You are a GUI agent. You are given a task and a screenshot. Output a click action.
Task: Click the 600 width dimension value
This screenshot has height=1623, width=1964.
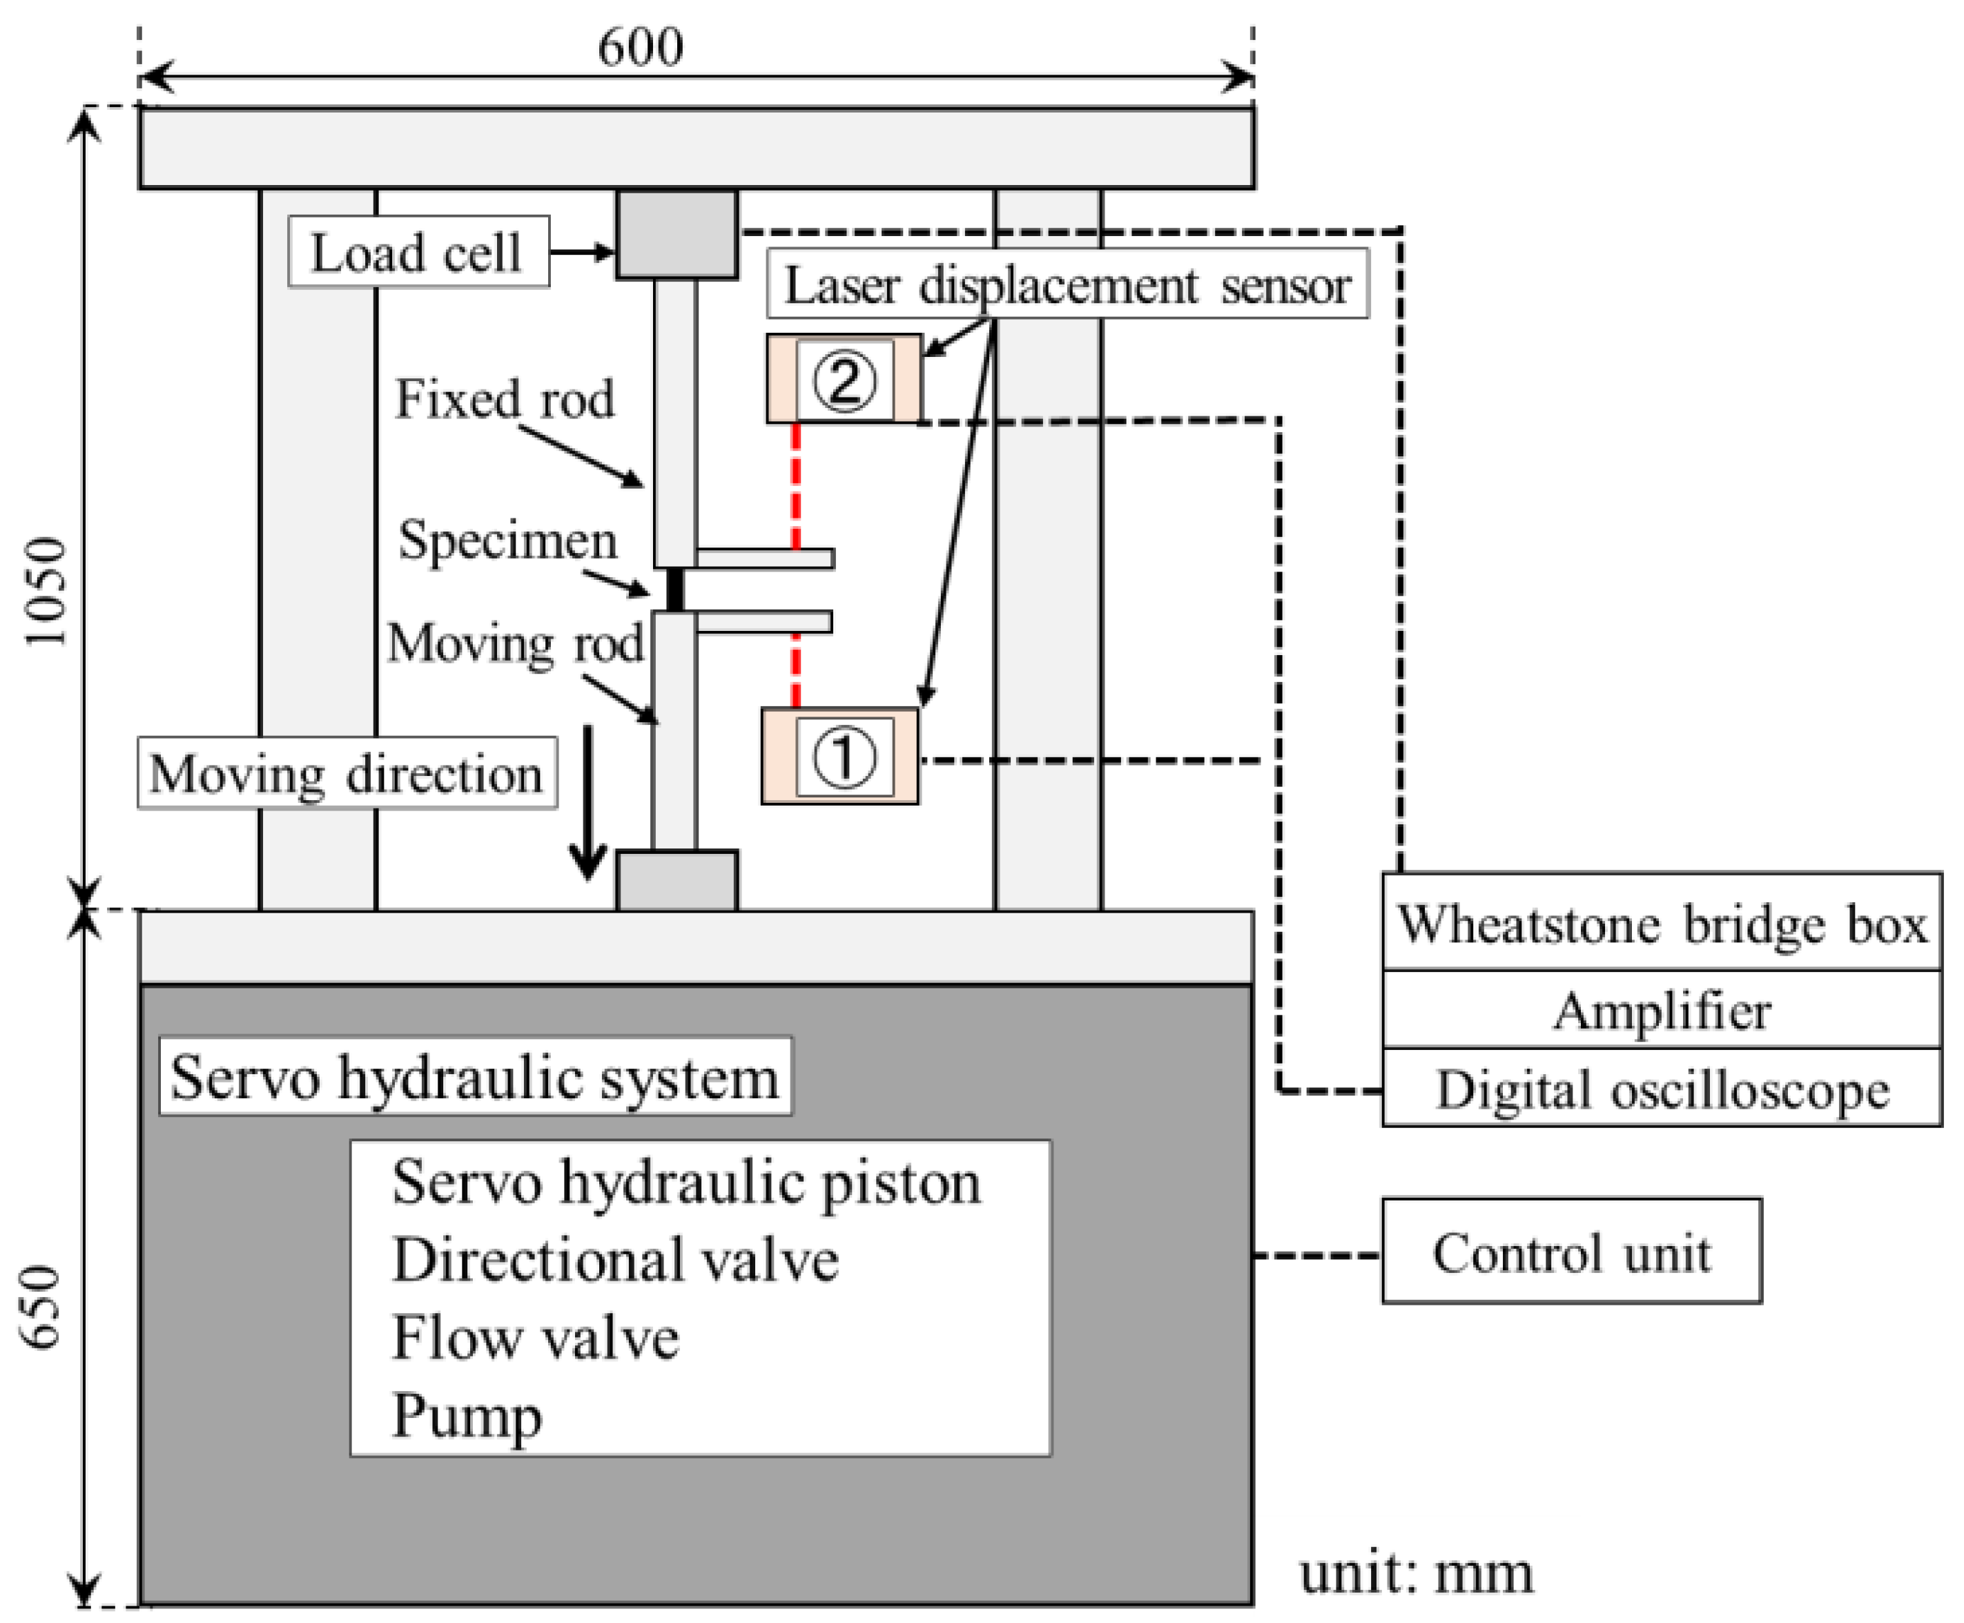click(641, 47)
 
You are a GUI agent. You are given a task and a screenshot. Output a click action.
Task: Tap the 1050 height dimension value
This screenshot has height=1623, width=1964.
click(47, 591)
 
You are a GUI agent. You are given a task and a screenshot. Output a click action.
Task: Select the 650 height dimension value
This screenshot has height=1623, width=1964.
click(42, 1307)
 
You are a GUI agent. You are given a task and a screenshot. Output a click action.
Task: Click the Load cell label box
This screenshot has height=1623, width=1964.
click(418, 251)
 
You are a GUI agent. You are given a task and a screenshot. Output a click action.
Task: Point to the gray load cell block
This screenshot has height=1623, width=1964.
click(677, 235)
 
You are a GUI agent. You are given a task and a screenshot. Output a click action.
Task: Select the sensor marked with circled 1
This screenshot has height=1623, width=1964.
click(840, 757)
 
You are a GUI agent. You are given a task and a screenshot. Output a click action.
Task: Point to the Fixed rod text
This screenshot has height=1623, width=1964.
click(505, 399)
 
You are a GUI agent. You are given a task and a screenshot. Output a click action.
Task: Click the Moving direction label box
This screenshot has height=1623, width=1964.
click(347, 773)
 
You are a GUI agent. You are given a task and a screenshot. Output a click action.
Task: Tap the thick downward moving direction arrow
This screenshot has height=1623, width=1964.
click(588, 802)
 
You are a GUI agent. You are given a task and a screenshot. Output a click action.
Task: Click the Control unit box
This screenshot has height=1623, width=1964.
click(1571, 1251)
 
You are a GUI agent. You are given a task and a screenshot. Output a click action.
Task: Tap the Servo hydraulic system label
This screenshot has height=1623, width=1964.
click(476, 1076)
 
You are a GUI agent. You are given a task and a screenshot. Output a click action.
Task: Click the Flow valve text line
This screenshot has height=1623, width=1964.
click(535, 1338)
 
